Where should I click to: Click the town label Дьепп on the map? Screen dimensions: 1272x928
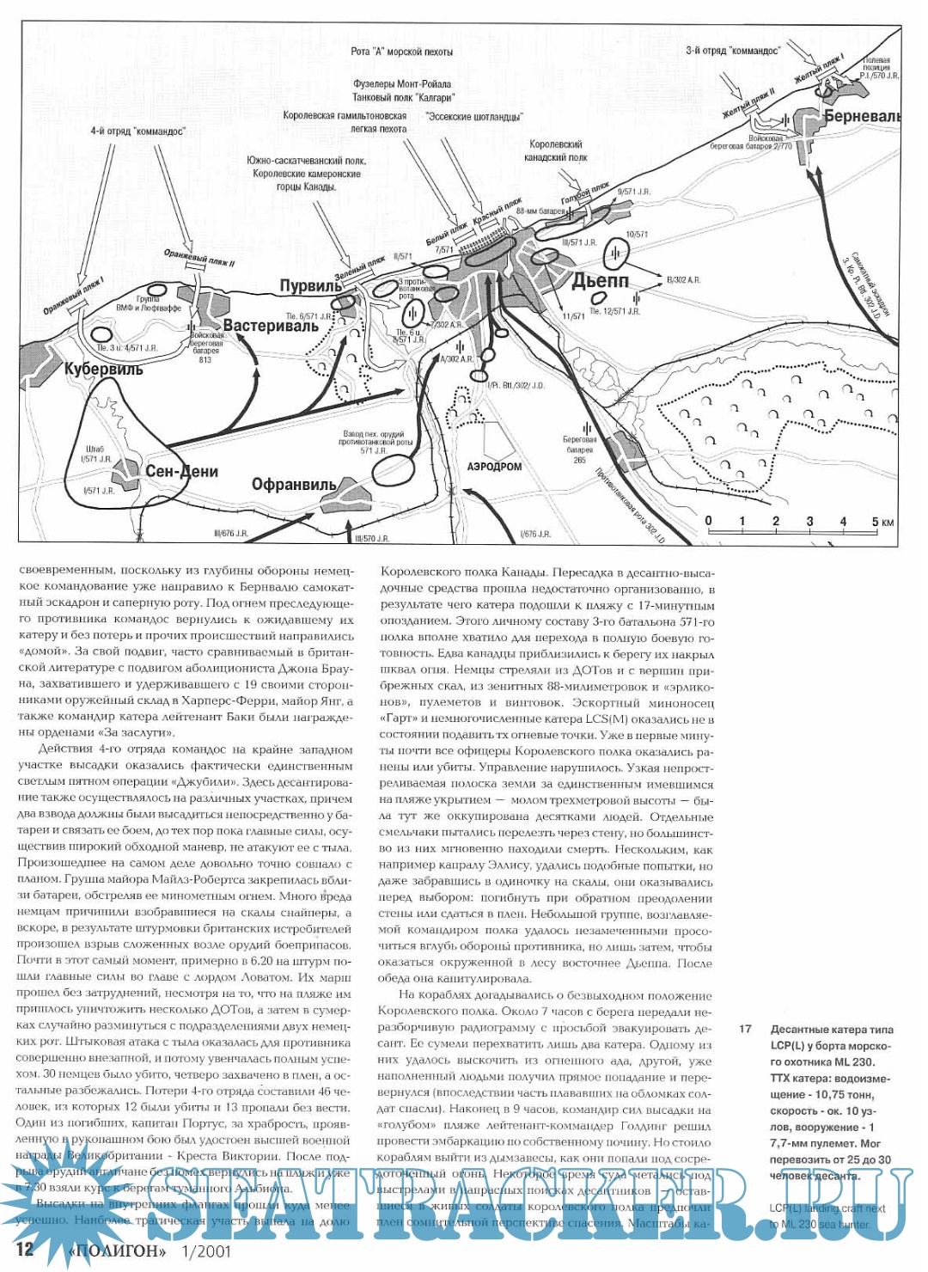coord(601,280)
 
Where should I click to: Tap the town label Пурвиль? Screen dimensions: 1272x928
coord(311,285)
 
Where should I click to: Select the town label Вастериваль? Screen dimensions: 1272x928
coord(271,326)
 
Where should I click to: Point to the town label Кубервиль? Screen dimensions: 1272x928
coord(104,370)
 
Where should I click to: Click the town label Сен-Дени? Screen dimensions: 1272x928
coord(181,471)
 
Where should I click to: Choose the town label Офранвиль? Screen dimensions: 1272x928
coord(294,485)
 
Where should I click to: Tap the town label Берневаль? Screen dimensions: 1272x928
coord(862,116)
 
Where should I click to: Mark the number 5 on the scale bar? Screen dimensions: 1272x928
coord(876,522)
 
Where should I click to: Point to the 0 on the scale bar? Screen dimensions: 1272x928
coord(708,521)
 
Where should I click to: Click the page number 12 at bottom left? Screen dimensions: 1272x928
coord(26,1249)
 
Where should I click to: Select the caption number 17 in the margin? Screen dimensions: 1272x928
coord(745,1029)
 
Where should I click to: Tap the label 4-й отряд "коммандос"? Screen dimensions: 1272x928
coord(137,131)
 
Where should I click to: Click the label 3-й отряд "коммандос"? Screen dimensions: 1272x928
coord(732,51)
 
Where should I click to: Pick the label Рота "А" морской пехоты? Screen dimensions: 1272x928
coord(401,52)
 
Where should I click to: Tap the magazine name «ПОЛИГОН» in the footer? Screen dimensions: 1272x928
coord(116,1251)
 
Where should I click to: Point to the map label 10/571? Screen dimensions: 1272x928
coord(638,234)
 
